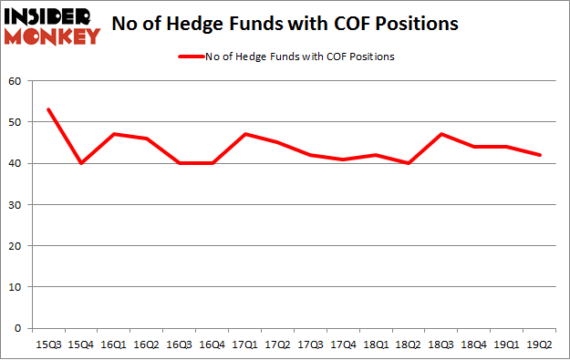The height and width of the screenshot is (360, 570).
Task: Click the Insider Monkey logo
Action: coord(52,26)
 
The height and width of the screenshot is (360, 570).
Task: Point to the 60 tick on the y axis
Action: coord(15,81)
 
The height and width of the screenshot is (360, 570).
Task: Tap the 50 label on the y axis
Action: coord(15,122)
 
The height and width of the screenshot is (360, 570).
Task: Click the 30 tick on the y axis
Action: coord(15,205)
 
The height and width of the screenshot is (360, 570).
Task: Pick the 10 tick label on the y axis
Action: coord(15,287)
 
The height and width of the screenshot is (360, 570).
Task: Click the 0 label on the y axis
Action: coord(17,328)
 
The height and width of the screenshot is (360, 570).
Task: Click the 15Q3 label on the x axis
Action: coord(48,345)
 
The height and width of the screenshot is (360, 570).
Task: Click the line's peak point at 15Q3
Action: coord(48,109)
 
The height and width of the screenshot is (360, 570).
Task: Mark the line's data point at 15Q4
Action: coord(80,163)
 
